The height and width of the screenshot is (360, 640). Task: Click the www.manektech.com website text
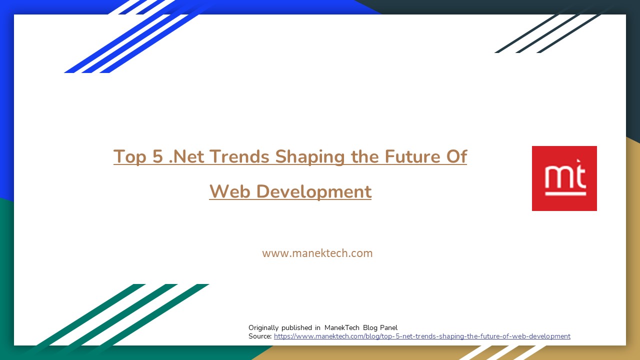(317, 253)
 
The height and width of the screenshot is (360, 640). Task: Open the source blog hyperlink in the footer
(422, 336)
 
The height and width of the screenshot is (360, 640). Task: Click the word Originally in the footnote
(263, 328)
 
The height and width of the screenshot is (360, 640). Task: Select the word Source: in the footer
(260, 336)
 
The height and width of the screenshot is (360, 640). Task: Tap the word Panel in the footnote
(388, 328)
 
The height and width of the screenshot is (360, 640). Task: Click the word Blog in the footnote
(370, 328)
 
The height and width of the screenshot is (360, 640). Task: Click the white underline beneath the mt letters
(565, 193)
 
